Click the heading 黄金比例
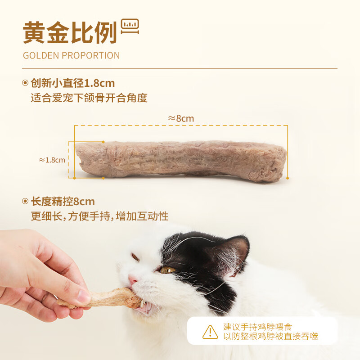pyautogui.click(x=70, y=33)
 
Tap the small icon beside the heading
pyautogui.click(x=130, y=27)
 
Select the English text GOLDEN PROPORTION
pyautogui.click(x=72, y=56)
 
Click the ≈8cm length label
pyautogui.click(x=181, y=119)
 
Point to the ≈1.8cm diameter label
pyautogui.click(x=52, y=160)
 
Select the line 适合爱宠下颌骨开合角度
pyautogui.click(x=89, y=98)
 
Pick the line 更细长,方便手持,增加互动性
pyautogui.click(x=99, y=216)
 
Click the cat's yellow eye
pyautogui.click(x=167, y=270)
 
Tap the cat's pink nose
pyautogui.click(x=133, y=279)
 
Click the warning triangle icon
pyautogui.click(x=210, y=332)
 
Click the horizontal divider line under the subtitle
pyautogui.click(x=180, y=68)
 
